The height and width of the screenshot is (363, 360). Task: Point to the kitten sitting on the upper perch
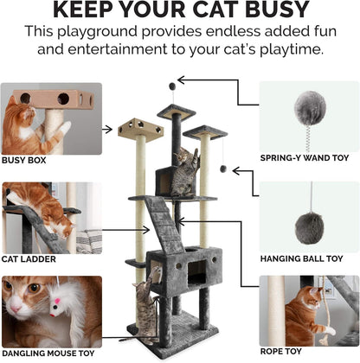(x=184, y=172)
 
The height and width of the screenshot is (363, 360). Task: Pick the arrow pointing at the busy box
(x=108, y=130)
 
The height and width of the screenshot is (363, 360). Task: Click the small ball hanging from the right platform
(x=222, y=169)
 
